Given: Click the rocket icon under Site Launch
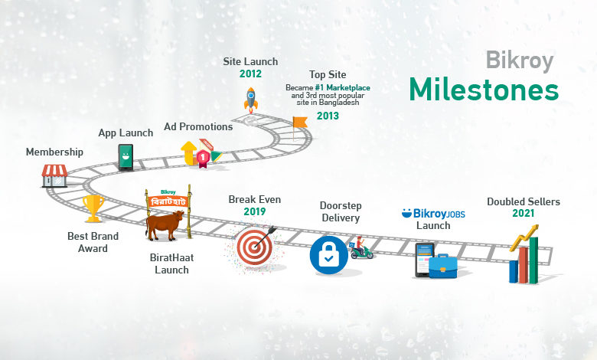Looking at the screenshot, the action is [x=250, y=100].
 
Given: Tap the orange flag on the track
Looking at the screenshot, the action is [x=300, y=122].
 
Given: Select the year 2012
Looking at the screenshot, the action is [x=250, y=74].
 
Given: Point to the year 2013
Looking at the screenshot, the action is [x=328, y=116].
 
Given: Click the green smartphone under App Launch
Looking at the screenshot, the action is [x=126, y=157].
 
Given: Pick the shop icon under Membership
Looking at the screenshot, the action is [x=55, y=175].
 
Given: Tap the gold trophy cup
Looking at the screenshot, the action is [x=93, y=208].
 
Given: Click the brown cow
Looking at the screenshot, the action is [x=165, y=225].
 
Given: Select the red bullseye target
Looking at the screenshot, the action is [x=255, y=247].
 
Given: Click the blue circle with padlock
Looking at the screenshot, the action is [x=329, y=255].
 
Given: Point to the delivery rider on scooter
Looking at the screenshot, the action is [x=361, y=248].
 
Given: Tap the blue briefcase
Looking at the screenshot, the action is [x=443, y=266].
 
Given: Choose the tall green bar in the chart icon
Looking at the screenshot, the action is [x=533, y=260].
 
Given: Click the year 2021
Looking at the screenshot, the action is [x=523, y=214].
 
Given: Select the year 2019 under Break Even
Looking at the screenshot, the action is [x=255, y=212].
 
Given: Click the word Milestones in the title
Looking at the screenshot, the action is [x=484, y=90].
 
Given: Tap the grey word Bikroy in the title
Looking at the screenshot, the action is [x=520, y=61].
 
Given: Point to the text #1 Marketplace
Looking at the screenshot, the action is [x=342, y=88].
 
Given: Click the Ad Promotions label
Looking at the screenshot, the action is [x=198, y=127].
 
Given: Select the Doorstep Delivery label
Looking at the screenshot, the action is [x=341, y=212].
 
